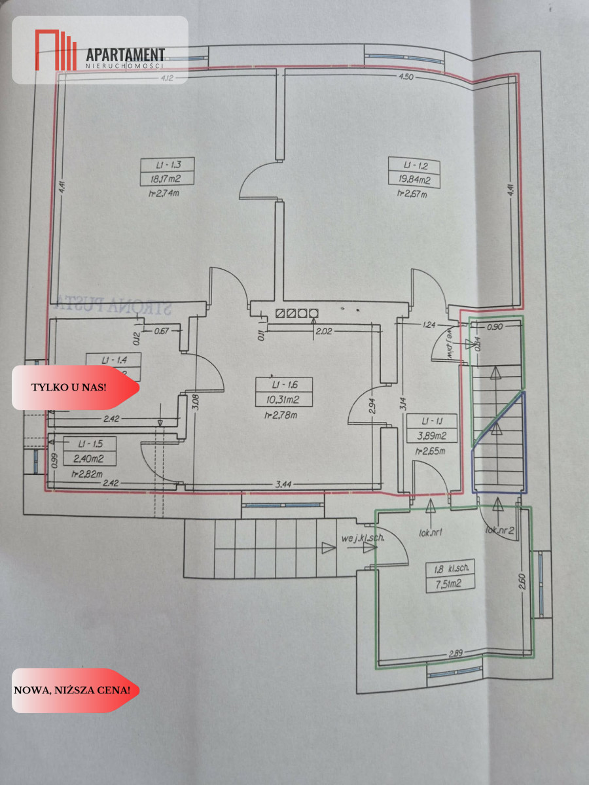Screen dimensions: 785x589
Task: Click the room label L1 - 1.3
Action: coord(155,164)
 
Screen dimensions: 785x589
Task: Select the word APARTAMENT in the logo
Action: coord(126,55)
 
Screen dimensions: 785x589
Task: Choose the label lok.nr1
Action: coord(432,532)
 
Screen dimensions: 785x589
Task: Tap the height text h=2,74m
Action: coord(154,194)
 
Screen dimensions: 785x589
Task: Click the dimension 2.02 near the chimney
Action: coord(323,331)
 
